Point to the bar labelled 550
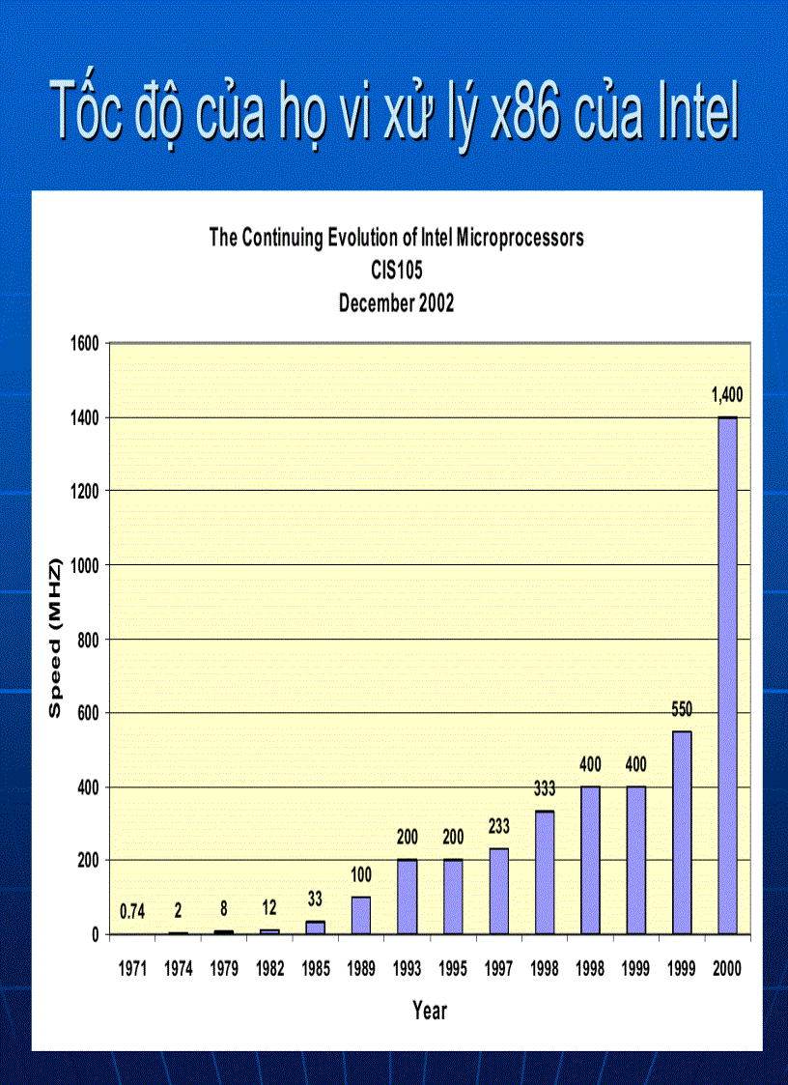[682, 832]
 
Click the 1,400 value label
[727, 394]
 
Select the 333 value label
[545, 788]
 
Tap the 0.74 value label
[132, 910]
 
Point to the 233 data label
[498, 827]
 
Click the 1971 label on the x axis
[132, 968]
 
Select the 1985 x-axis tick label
[316, 968]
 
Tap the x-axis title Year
[430, 1012]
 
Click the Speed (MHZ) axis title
[55, 638]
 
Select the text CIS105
[397, 271]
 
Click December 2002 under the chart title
[397, 302]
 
